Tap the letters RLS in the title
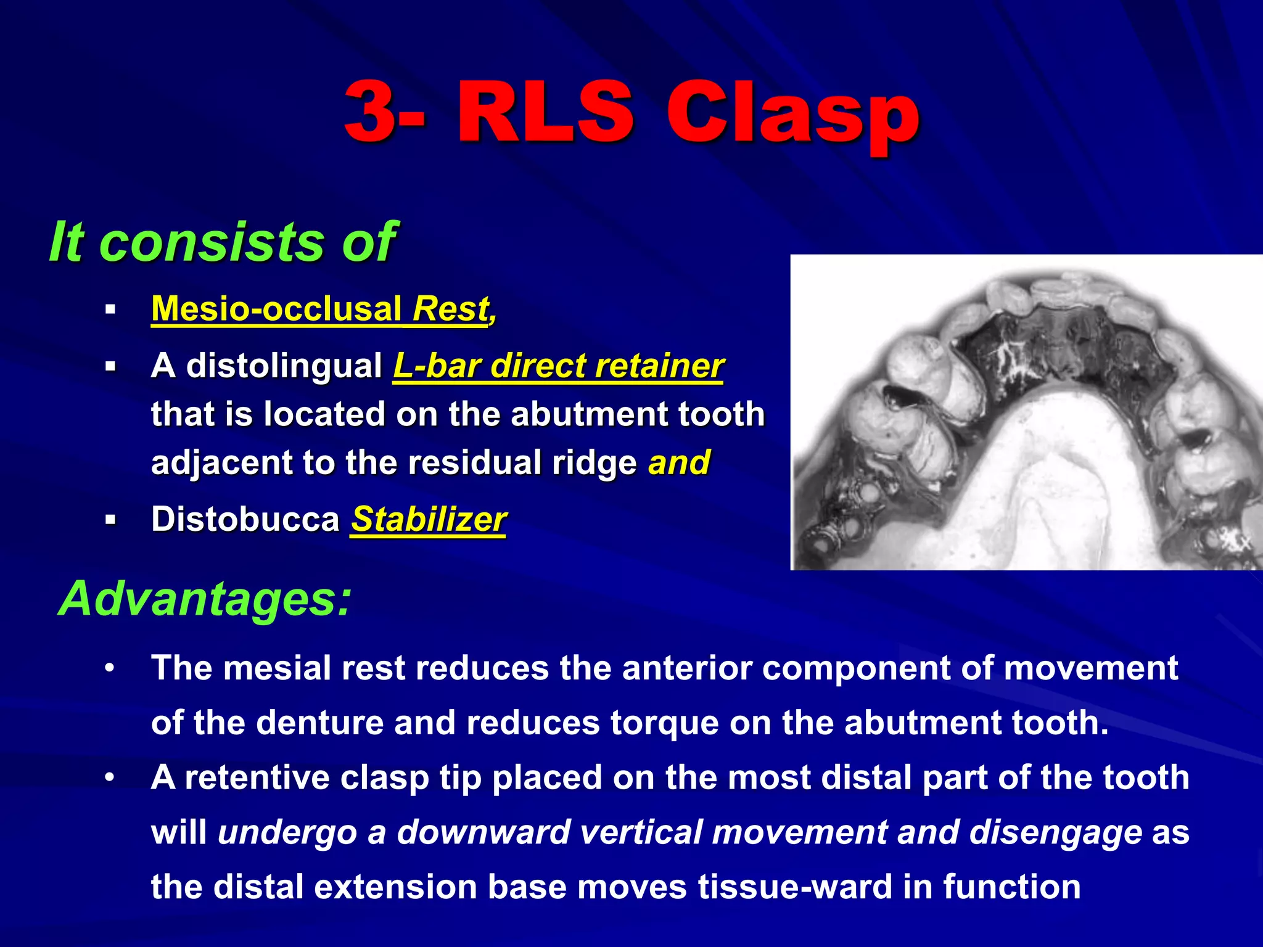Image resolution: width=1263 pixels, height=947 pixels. (x=546, y=112)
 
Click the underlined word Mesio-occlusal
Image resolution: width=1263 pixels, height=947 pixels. (x=276, y=308)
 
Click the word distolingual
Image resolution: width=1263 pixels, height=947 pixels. (x=284, y=365)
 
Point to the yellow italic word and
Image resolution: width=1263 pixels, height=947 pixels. (x=679, y=462)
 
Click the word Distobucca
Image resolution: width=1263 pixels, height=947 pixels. (x=245, y=519)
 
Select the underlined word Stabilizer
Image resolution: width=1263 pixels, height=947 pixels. (x=429, y=519)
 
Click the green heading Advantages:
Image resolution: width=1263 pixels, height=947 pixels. (x=205, y=598)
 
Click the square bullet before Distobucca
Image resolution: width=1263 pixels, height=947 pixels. (x=110, y=520)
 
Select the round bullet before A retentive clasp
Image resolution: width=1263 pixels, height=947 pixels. (x=110, y=778)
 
